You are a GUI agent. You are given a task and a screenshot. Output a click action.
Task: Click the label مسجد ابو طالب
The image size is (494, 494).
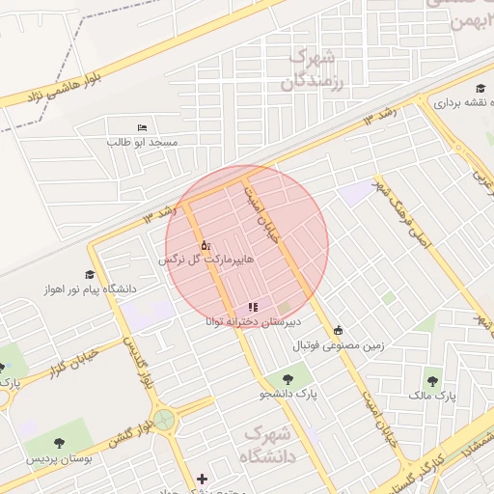pos(143,142)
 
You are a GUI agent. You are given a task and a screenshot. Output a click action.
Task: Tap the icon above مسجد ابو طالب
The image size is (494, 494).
pos(143,127)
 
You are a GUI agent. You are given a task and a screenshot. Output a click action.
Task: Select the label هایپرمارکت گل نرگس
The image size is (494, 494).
pos(199,261)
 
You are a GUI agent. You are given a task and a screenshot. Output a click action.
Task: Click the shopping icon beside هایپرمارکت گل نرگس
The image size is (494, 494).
pos(205,246)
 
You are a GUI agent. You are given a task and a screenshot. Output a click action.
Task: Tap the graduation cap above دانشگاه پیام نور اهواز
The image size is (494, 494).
pos(90,274)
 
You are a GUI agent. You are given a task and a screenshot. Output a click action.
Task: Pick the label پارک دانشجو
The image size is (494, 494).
pos(288,395)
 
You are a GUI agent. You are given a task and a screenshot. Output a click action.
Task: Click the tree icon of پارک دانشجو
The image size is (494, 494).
pos(287,379)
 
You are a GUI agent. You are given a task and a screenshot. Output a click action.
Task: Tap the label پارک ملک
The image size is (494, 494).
pos(431,396)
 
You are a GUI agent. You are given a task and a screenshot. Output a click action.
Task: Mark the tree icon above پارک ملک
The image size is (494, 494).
pos(431,380)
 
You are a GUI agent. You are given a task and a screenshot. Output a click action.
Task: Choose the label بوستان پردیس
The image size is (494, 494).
pos(60,459)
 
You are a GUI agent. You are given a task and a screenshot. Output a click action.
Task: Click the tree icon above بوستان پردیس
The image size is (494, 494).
pos(60,443)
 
